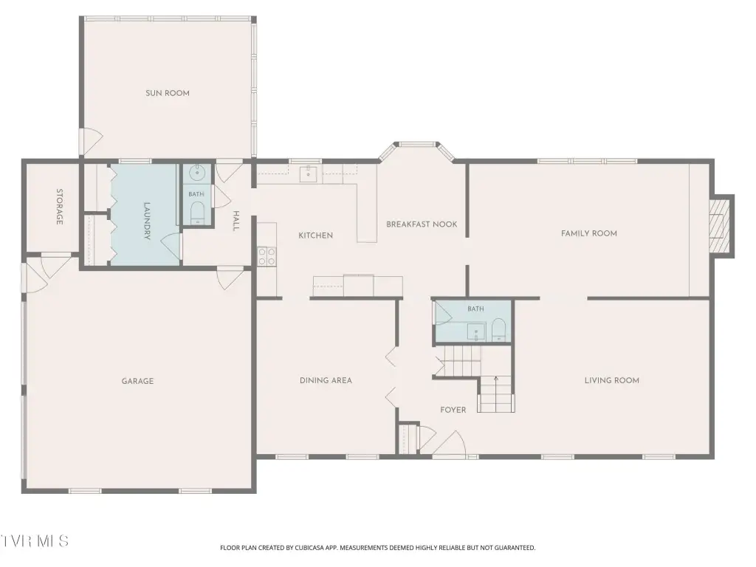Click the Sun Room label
[x=168, y=93]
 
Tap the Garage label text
[x=137, y=381]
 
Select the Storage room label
[x=59, y=207]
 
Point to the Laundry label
[x=147, y=220]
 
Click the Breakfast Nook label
[x=422, y=224]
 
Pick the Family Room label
[x=588, y=233]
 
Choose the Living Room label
[x=612, y=380]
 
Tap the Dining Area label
[x=326, y=380]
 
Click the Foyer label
[x=453, y=410]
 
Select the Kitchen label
[x=315, y=236]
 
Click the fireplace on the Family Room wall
[x=722, y=226]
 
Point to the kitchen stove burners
[x=267, y=256]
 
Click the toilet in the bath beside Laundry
[x=197, y=212]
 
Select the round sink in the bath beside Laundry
[x=196, y=172]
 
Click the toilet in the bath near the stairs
[x=498, y=330]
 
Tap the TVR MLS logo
[x=34, y=541]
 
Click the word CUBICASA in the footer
[x=312, y=548]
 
